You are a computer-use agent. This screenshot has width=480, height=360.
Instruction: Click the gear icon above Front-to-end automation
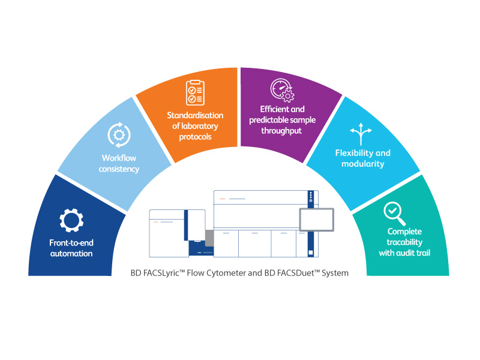pos(71,221)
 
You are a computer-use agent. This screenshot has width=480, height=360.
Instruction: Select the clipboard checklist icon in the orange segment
pos(195,92)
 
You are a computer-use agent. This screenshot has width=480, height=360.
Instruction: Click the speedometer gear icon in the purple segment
pos(281,90)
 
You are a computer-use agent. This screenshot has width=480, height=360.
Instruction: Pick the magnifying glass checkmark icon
pos(395,211)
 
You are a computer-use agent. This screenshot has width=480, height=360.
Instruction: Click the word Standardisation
pos(195,115)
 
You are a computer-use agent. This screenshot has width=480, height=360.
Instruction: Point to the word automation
pos(71,253)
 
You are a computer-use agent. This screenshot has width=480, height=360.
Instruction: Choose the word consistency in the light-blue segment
pos(119,169)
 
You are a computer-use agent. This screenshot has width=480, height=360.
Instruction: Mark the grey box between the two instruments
pos(209,238)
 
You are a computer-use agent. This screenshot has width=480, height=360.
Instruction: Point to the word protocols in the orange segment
pos(195,137)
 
